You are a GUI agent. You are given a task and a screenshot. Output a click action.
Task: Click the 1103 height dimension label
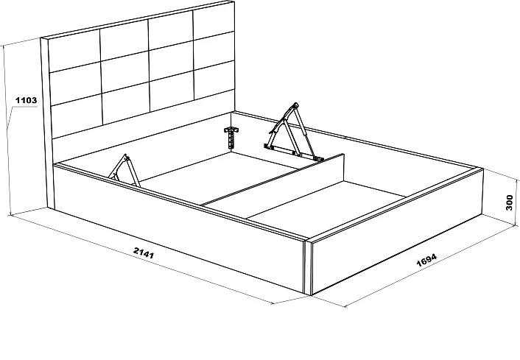[27, 100]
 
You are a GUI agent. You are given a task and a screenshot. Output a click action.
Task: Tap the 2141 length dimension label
[144, 253]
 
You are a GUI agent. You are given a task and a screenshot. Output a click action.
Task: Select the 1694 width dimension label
[426, 260]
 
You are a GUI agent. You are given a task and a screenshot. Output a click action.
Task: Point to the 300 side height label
[509, 202]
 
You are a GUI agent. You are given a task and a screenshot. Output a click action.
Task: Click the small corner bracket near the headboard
[232, 137]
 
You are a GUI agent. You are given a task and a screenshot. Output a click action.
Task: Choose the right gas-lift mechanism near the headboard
[294, 132]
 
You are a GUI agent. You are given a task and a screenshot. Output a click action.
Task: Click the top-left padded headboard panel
[74, 50]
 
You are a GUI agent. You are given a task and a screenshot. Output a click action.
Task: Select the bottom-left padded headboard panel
[77, 116]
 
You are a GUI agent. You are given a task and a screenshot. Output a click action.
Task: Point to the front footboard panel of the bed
[397, 232]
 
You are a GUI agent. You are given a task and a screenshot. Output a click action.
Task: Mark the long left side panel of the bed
[179, 229]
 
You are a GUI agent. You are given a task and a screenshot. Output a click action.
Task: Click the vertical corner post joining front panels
[308, 267]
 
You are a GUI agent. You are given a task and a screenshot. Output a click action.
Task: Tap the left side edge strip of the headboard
[46, 124]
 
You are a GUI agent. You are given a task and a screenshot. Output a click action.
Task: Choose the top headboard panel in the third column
[170, 33]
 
